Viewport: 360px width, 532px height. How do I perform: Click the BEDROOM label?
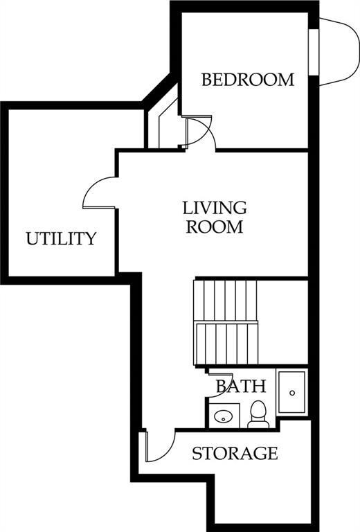tap(248, 80)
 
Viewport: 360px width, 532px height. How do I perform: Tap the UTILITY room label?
tap(62, 238)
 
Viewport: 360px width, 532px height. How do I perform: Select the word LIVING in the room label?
tap(215, 208)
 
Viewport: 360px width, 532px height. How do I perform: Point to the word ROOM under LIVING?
tap(215, 227)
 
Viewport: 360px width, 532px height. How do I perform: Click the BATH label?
tap(241, 386)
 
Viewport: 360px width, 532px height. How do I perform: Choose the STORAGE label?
tap(235, 453)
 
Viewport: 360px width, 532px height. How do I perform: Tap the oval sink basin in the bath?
tap(223, 416)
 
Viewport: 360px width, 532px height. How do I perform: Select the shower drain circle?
tap(292, 393)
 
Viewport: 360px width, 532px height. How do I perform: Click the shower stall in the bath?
tap(292, 392)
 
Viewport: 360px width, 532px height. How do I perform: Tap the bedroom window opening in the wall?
tap(313, 52)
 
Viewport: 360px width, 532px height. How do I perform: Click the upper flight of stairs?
tap(226, 300)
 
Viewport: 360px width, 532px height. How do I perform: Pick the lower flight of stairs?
tap(226, 344)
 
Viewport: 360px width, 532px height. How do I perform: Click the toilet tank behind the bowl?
tap(258, 425)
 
